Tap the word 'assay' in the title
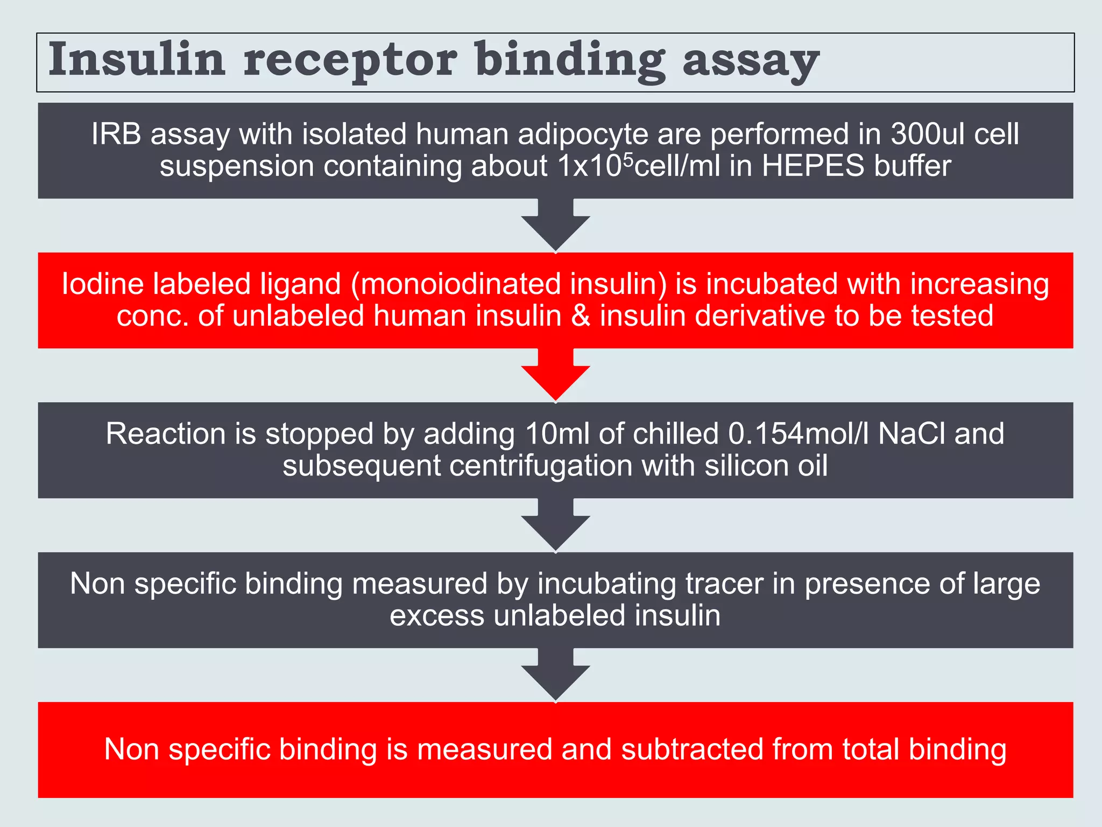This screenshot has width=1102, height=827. point(751,60)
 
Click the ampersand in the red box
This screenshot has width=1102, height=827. point(581,316)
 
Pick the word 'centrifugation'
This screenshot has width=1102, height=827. point(541,465)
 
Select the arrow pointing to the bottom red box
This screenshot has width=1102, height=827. point(555,675)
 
